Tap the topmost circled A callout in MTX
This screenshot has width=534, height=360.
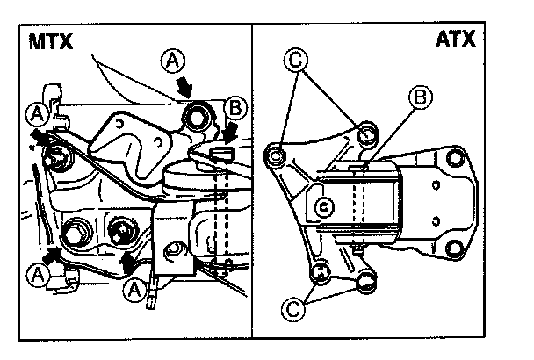pos(174,60)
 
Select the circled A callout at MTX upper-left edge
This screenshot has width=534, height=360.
pos(38,112)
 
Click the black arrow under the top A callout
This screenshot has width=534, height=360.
pos(187,86)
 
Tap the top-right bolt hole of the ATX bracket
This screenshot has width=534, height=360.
pos(455,159)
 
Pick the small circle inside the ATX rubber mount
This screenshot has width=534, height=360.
pos(323,208)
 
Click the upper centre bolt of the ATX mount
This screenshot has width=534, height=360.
pos(366,133)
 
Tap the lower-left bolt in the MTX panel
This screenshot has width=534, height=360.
pos(73,234)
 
